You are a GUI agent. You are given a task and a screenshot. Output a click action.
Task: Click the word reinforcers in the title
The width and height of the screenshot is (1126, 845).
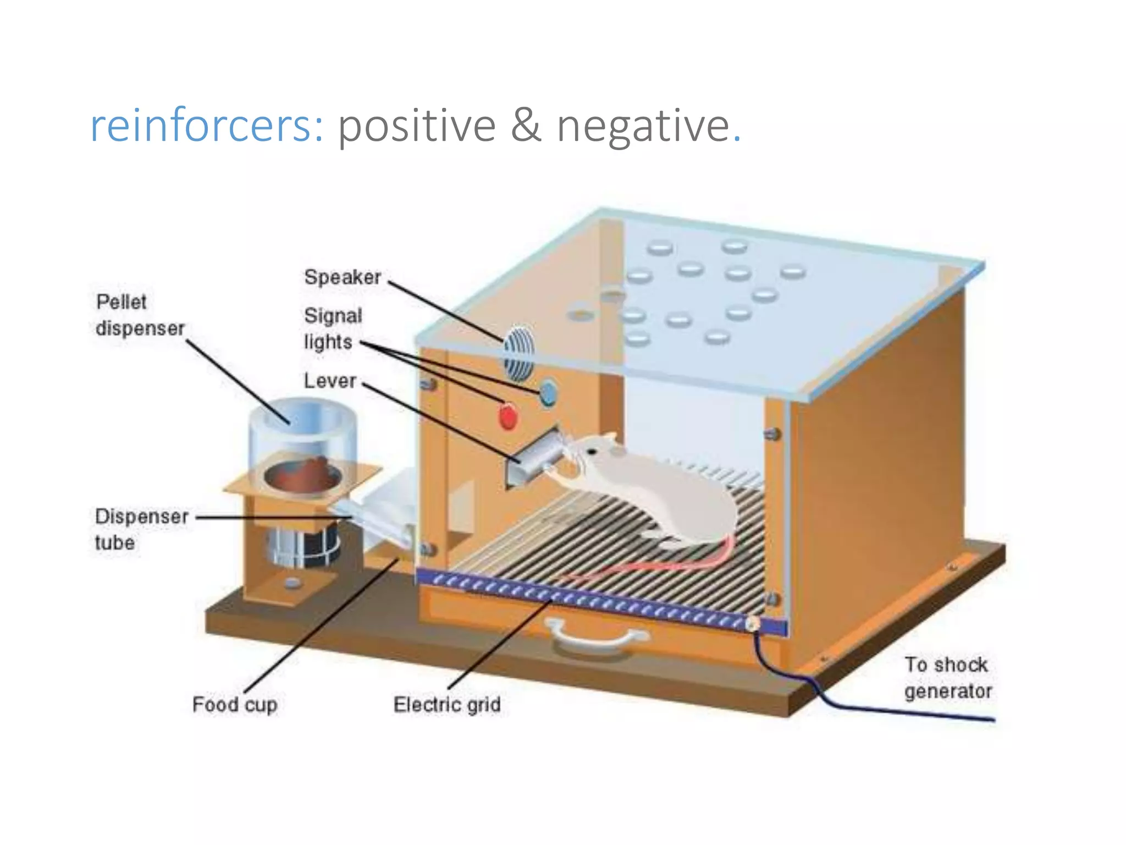click(x=206, y=126)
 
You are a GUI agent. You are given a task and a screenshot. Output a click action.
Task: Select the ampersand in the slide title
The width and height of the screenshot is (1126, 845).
click(x=526, y=125)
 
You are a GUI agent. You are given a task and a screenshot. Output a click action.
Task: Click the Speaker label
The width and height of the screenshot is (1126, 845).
click(x=343, y=277)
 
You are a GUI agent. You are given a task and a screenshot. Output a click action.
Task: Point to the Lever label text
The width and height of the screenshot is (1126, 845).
click(x=330, y=381)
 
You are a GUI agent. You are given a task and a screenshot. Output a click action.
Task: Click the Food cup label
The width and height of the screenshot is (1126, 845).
click(x=235, y=705)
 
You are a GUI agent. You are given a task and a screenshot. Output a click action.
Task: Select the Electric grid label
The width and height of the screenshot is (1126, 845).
click(x=447, y=705)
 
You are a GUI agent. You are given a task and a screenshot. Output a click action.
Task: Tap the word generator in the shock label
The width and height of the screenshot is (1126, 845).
click(x=948, y=691)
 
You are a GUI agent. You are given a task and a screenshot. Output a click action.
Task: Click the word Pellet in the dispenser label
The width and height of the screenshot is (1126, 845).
click(x=121, y=302)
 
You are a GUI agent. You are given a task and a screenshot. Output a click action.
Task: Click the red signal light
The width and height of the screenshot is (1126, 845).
click(x=507, y=416)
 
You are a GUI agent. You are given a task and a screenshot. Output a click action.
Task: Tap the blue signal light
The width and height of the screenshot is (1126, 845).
click(x=548, y=392)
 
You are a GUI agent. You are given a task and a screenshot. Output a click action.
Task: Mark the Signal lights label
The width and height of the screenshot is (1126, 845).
click(x=332, y=328)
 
